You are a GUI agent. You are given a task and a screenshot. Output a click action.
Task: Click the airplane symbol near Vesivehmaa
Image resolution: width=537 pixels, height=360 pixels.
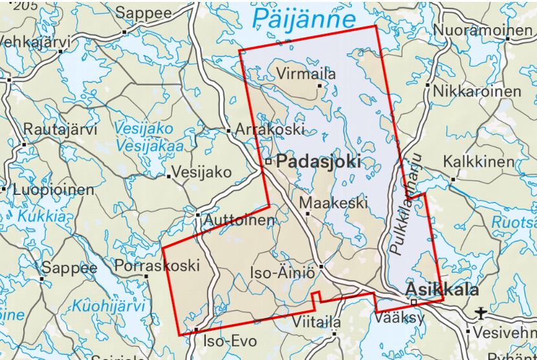pyautogui.click(x=480, y=314)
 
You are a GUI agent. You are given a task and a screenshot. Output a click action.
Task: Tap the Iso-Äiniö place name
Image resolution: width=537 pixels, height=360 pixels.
pyautogui.click(x=282, y=273)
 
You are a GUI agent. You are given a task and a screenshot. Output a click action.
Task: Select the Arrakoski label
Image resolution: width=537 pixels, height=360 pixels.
pyautogui.click(x=270, y=129)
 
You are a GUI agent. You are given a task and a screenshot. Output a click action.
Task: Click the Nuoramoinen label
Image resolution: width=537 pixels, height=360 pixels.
pyautogui.click(x=482, y=30)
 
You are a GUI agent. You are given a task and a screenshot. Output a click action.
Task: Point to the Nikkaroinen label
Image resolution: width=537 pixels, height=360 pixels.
pyautogui.click(x=477, y=91)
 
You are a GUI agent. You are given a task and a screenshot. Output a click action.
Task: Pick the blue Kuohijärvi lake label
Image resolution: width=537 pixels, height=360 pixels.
pyautogui.click(x=108, y=306)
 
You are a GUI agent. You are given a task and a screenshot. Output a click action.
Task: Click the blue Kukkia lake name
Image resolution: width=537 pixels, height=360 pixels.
pyautogui.click(x=41, y=217)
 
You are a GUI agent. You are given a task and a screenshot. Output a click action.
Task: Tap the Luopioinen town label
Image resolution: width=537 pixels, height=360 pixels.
pyautogui.click(x=53, y=191)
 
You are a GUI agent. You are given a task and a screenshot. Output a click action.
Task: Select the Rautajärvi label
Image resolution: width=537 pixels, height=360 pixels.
pyautogui.click(x=60, y=129)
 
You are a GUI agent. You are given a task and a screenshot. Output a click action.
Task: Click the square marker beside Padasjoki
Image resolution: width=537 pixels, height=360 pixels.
pyautogui.click(x=268, y=162)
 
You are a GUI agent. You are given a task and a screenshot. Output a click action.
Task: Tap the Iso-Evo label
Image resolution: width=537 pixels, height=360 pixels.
pyautogui.click(x=230, y=341)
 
